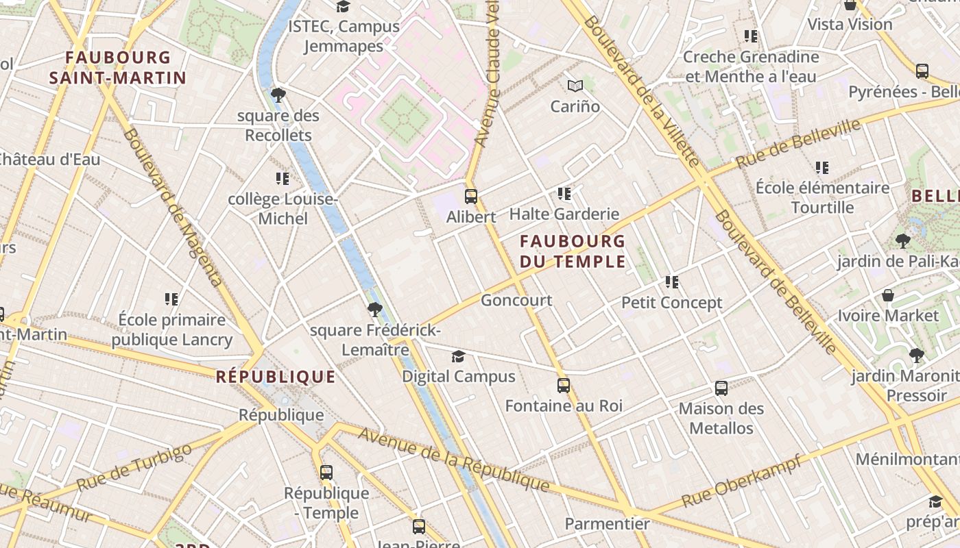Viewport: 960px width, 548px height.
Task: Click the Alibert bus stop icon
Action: point(471,197)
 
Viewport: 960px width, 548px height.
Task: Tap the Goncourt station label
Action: point(516,300)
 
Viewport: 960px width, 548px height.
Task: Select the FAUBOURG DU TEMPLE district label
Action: point(573,251)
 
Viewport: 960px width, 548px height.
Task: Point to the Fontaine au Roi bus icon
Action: point(564,386)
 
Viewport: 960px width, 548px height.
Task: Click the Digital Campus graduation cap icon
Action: point(458,356)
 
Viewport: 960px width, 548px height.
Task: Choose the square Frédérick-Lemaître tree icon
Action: point(374,310)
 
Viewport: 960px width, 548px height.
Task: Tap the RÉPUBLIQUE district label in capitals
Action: point(276,377)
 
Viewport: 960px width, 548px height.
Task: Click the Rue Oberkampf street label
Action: point(742,482)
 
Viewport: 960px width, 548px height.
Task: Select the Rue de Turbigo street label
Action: point(134,467)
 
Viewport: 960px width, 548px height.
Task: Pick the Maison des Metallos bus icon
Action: point(721,388)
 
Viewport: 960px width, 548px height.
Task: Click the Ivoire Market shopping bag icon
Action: point(888,295)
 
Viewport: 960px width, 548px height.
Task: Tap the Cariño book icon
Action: point(575,86)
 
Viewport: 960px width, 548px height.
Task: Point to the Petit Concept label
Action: point(672,303)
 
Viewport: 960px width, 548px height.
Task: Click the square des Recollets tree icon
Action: point(278,95)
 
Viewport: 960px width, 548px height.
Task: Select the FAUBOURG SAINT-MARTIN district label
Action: point(118,68)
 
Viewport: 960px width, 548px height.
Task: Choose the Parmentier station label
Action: point(607,524)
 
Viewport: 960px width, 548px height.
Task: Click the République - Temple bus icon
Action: point(326,472)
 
